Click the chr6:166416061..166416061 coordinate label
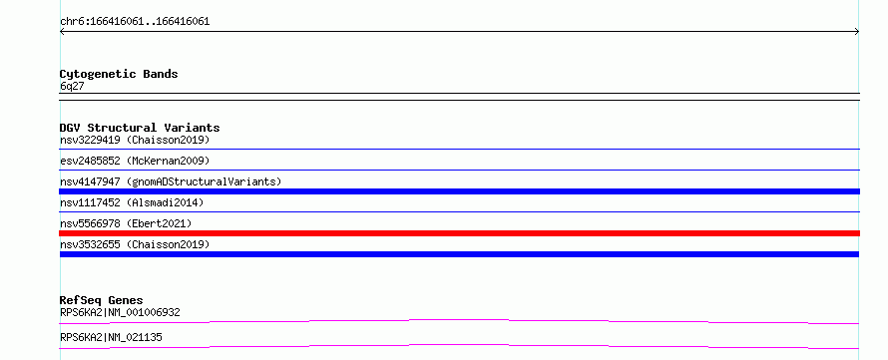135,22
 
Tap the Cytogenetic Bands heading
119,74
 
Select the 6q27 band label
72,86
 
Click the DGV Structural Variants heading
140,128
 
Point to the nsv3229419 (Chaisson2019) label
135,140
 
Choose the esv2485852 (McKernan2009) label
135,161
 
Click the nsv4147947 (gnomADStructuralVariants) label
171,181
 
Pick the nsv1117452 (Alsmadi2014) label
132,202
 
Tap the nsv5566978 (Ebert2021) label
126,223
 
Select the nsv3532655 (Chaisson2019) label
135,244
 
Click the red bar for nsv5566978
459,233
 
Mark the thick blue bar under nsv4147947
459,191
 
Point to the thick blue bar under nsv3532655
459,254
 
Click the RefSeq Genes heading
102,300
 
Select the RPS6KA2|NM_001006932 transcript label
120,312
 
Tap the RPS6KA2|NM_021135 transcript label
111,337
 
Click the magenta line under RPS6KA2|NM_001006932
459,320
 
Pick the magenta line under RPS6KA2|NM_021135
459,345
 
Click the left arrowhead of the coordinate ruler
61,32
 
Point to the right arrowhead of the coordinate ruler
858,32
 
